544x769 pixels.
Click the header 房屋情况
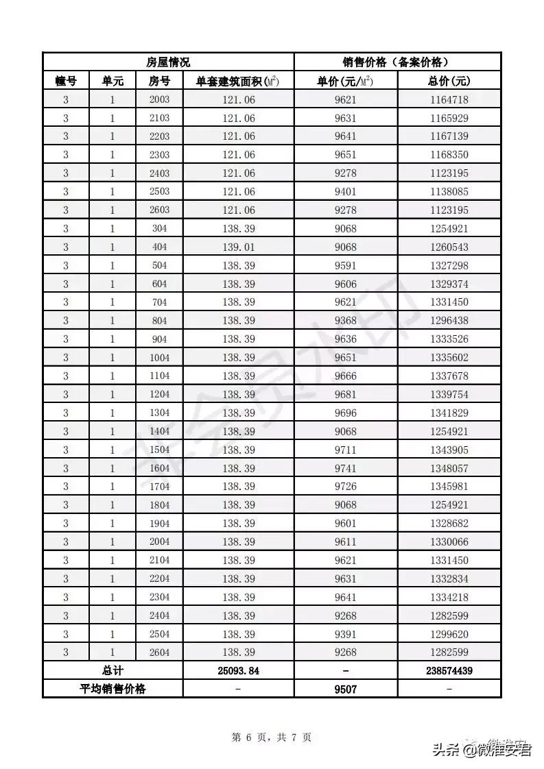coord(168,62)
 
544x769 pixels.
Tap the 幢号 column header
coord(66,81)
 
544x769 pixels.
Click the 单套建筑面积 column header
coord(238,81)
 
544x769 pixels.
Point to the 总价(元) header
coord(449,81)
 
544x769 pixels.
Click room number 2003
coord(159,100)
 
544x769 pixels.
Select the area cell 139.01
coord(239,247)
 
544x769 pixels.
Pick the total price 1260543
coord(449,247)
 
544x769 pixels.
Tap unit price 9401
coord(346,192)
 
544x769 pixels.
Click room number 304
coord(159,229)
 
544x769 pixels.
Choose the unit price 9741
coord(346,468)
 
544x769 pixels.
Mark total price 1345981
coord(449,487)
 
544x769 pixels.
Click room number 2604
coord(159,652)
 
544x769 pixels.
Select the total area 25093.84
coord(239,670)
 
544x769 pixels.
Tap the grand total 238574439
coord(449,670)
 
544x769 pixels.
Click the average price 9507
coord(346,689)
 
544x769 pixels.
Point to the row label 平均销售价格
coord(113,689)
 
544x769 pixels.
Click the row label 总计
coord(113,670)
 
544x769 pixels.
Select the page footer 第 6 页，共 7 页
coord(272,737)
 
